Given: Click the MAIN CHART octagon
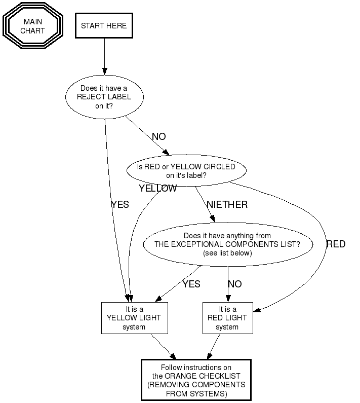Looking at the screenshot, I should click(x=32, y=26).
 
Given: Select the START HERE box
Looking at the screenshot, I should click(x=104, y=26).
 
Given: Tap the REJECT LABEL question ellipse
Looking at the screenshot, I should click(x=104, y=97).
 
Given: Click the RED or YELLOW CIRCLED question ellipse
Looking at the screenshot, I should click(x=186, y=171).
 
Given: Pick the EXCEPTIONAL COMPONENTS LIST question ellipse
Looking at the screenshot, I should click(x=227, y=244).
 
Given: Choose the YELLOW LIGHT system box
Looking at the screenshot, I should click(x=134, y=318).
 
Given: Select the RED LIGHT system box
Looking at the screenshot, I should click(x=227, y=318).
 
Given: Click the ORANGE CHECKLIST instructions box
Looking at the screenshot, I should click(x=196, y=380).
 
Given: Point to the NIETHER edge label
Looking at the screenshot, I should click(x=227, y=205).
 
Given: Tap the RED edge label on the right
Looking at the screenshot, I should click(x=336, y=244).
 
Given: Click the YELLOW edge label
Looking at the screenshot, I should click(x=157, y=189).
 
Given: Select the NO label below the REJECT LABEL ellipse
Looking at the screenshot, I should click(x=158, y=137).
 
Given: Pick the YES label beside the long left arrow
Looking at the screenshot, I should click(x=120, y=205).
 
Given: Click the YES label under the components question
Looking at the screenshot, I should click(x=191, y=284).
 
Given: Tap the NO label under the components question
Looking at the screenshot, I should click(x=234, y=284).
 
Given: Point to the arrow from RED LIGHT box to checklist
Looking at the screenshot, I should click(x=214, y=347).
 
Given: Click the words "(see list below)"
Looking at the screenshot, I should click(x=227, y=253).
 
